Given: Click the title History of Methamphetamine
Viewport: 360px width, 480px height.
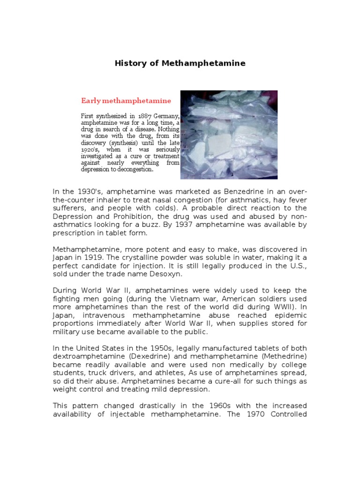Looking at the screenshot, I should point(180,63).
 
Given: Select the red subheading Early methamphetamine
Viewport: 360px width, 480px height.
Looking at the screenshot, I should point(126,101).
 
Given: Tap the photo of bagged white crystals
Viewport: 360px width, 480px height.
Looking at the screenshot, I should point(229,135).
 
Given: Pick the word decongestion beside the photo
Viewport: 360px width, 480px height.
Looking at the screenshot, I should point(132,170).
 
